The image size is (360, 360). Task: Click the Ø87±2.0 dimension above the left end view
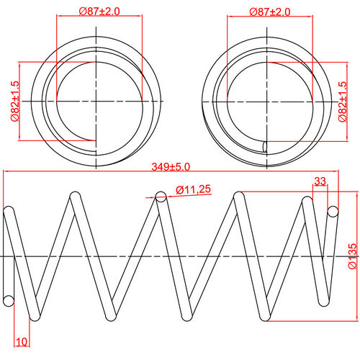tap(99, 12)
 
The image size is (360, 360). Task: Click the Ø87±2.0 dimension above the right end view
tap(270, 12)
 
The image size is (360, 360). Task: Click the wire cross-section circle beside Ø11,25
tap(162, 194)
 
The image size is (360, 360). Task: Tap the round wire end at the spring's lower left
tap(8, 300)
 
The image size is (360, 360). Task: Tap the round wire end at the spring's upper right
tap(333, 211)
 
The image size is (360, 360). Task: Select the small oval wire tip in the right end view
tap(265, 147)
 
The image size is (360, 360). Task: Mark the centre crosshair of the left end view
tap(94, 102)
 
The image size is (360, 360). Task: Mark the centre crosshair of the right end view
tap(268, 102)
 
